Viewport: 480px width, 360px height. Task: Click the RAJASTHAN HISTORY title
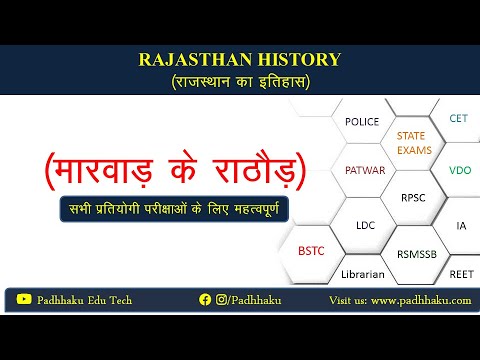coord(239,61)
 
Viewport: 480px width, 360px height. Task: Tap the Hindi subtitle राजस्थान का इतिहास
coord(239,81)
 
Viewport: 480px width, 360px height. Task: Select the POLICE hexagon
coord(361,122)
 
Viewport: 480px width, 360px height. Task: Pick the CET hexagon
coord(458,118)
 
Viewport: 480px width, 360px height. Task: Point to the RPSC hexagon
coord(411,198)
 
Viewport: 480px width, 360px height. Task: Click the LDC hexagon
coord(365,225)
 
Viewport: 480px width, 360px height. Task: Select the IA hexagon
coord(461,226)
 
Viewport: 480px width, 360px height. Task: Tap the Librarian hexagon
coord(363,273)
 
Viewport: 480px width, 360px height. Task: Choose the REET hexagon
coord(461,273)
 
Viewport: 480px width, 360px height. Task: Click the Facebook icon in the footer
coord(205,299)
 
